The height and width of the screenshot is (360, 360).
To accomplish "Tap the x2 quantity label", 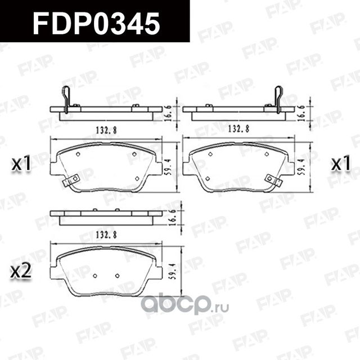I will click(x=21, y=272).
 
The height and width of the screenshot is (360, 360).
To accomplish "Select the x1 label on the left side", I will click(x=21, y=164).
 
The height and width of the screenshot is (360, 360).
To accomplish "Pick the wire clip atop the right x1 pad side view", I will click(x=278, y=97).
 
